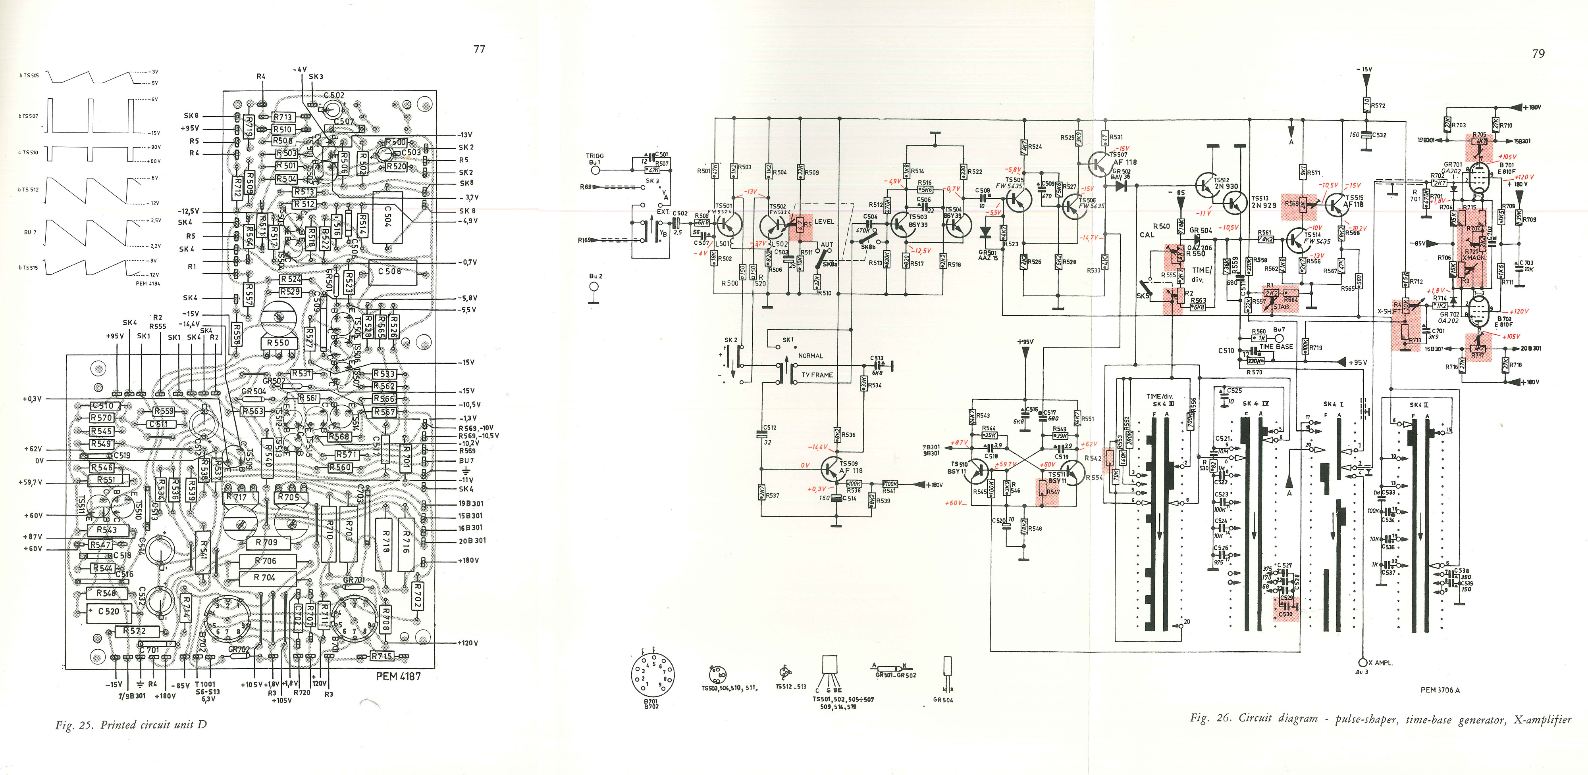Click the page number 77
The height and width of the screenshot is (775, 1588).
pos(479,49)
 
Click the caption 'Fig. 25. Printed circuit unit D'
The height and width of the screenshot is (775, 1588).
pos(131,725)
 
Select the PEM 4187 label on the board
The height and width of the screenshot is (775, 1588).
pos(398,676)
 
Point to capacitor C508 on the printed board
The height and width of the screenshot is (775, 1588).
pos(389,271)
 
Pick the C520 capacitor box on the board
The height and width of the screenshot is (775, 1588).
pos(108,611)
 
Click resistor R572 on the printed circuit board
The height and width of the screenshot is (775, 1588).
pos(135,631)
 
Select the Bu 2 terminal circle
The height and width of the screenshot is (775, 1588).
pos(595,286)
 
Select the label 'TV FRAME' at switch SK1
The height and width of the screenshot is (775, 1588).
pos(817,374)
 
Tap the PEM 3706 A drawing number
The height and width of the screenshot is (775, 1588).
pos(1440,690)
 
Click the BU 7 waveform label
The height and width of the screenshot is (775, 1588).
pos(30,232)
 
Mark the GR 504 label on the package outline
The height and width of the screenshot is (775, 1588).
pos(943,700)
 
